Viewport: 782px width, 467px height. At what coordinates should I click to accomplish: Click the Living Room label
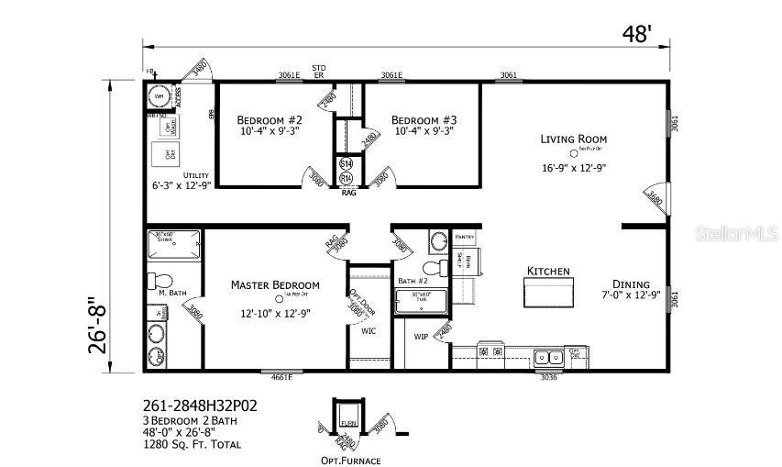573,139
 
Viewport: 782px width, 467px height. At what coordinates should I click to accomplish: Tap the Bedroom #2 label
270,120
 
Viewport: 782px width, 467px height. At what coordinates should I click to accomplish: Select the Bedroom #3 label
424,120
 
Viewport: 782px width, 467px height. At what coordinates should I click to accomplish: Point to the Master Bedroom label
275,284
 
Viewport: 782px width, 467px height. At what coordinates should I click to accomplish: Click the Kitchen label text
548,272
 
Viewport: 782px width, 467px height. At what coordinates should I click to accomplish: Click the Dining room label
632,284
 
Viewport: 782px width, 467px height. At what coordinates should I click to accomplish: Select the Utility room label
195,175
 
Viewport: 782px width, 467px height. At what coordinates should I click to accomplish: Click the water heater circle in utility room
158,96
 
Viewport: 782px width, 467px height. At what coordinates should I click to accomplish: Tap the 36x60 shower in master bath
173,242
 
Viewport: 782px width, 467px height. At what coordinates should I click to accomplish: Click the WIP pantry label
421,337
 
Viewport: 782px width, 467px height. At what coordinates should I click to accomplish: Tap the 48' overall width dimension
637,35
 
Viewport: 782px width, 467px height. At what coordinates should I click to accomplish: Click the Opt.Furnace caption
350,460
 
